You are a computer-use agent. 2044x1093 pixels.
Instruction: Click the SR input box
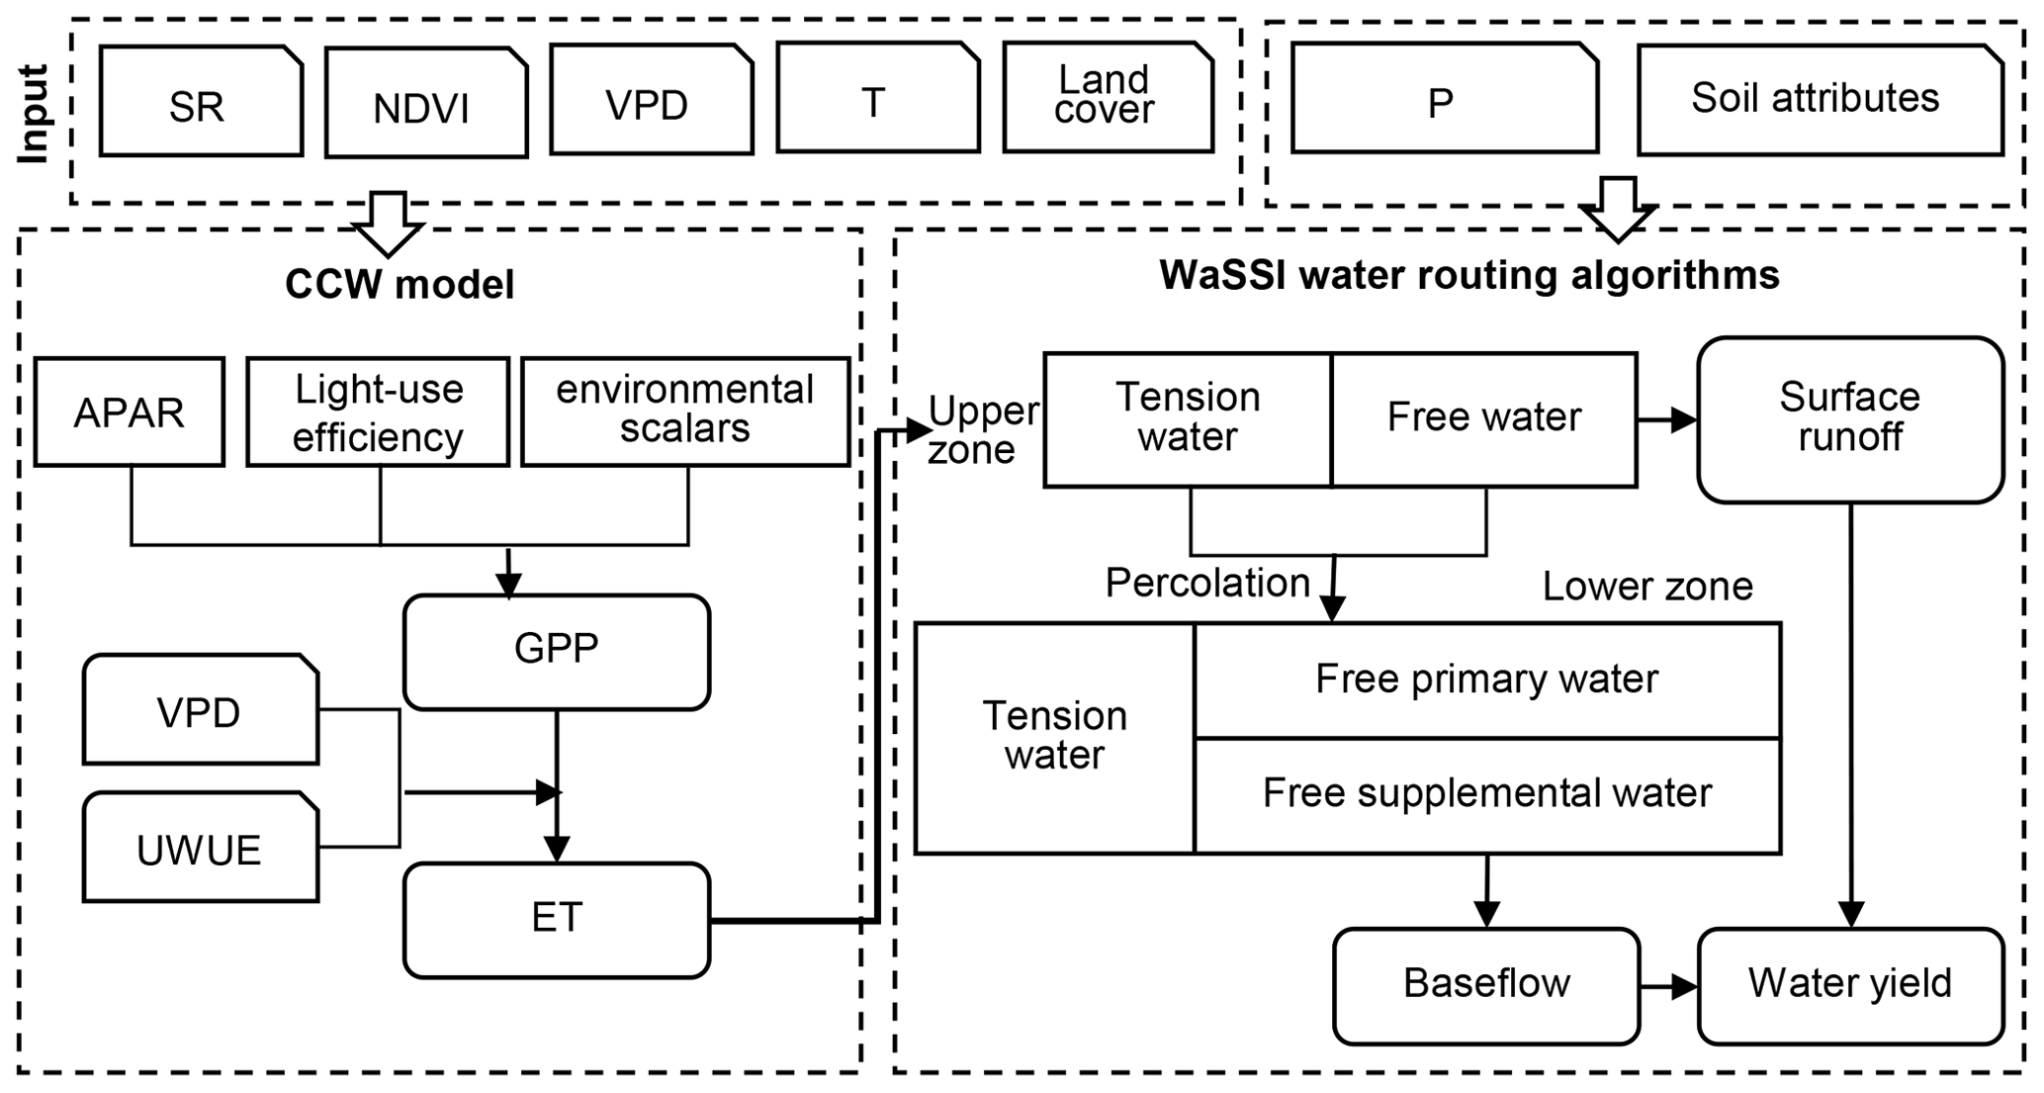click(x=201, y=102)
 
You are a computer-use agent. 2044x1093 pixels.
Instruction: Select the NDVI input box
click(x=425, y=104)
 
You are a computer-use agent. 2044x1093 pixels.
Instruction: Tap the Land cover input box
click(x=1108, y=97)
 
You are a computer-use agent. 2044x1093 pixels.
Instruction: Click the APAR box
click(x=130, y=411)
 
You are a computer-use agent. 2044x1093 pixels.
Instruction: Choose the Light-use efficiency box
click(x=378, y=411)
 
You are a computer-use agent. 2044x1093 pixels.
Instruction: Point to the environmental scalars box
click(x=685, y=410)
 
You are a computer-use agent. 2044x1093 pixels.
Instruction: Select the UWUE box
click(x=201, y=848)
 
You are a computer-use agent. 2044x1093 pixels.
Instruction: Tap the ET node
click(x=557, y=919)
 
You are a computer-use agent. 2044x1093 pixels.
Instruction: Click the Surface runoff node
click(x=1850, y=419)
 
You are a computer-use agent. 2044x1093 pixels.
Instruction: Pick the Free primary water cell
click(x=1487, y=680)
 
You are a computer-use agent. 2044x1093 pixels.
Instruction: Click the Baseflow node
click(x=1486, y=984)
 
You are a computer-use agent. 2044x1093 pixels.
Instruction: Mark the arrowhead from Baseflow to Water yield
click(x=1685, y=986)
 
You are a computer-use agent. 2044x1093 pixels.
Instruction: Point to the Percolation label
click(x=1207, y=584)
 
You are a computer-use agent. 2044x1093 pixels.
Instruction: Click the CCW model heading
click(x=400, y=285)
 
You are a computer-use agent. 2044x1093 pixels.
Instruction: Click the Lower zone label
click(x=1647, y=588)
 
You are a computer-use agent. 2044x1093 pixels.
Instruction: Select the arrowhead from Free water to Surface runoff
click(x=1684, y=419)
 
